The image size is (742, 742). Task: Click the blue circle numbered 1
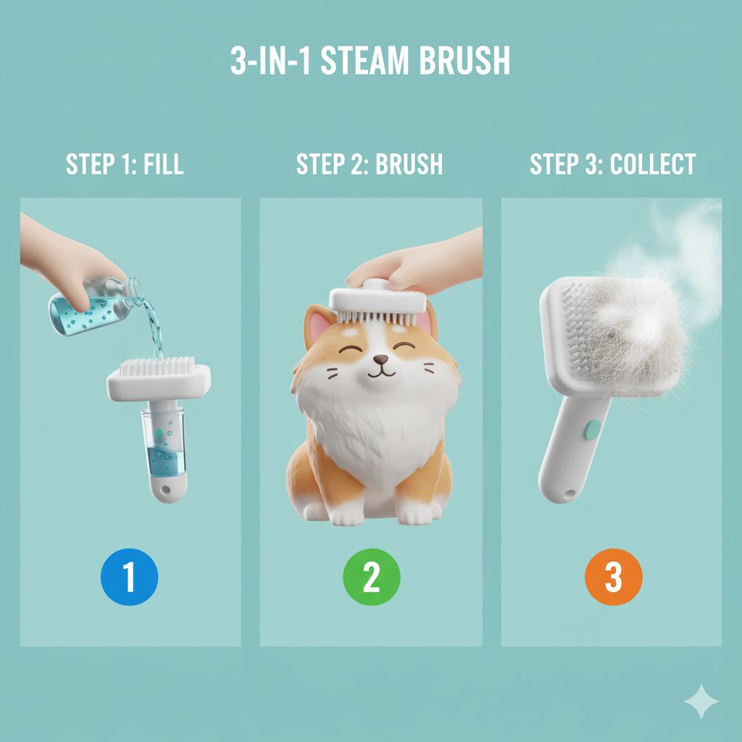[129, 577]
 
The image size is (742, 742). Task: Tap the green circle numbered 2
[372, 577]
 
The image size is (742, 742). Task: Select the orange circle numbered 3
[613, 577]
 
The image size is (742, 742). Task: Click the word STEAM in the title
[364, 61]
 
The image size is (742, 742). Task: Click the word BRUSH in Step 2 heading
[409, 164]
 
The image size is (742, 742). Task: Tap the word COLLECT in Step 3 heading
[653, 164]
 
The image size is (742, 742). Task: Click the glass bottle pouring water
[95, 307]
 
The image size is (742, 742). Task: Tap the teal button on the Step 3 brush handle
[593, 429]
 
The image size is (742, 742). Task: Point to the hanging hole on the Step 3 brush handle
[569, 494]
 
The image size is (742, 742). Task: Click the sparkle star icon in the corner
[701, 701]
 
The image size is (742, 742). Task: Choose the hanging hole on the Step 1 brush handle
[165, 489]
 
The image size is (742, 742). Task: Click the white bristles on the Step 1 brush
[157, 366]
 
